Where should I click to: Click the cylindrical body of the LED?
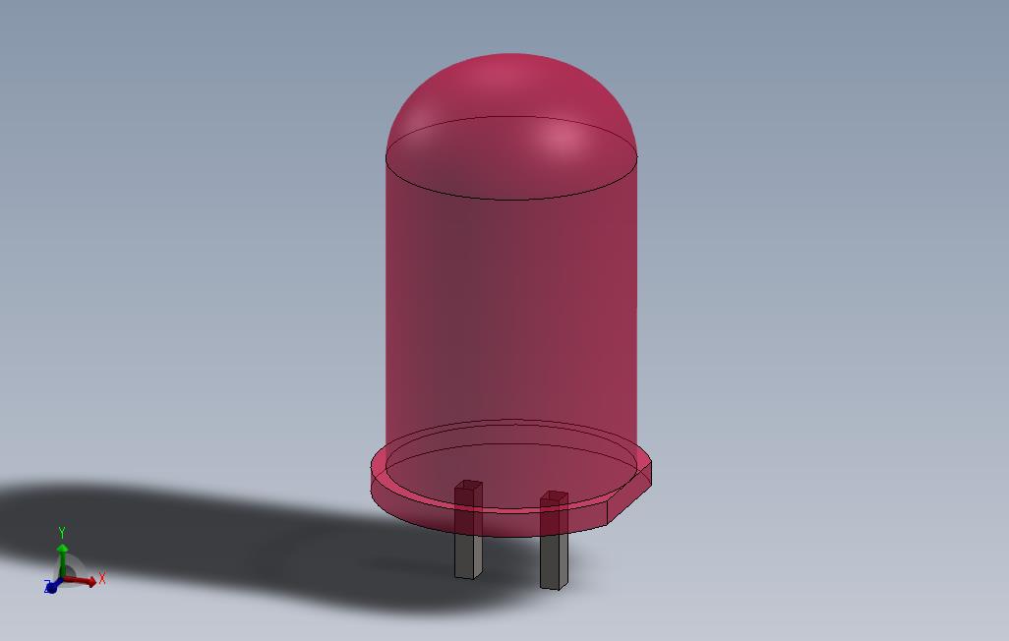(510, 315)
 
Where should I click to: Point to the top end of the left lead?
(468, 485)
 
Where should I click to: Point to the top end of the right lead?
(555, 496)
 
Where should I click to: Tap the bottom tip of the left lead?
(467, 575)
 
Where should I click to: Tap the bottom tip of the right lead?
(552, 587)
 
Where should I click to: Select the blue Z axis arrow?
(51, 587)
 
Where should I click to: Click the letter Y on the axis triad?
(62, 532)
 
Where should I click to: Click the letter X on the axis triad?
(101, 578)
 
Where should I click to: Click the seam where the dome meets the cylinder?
(510, 200)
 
